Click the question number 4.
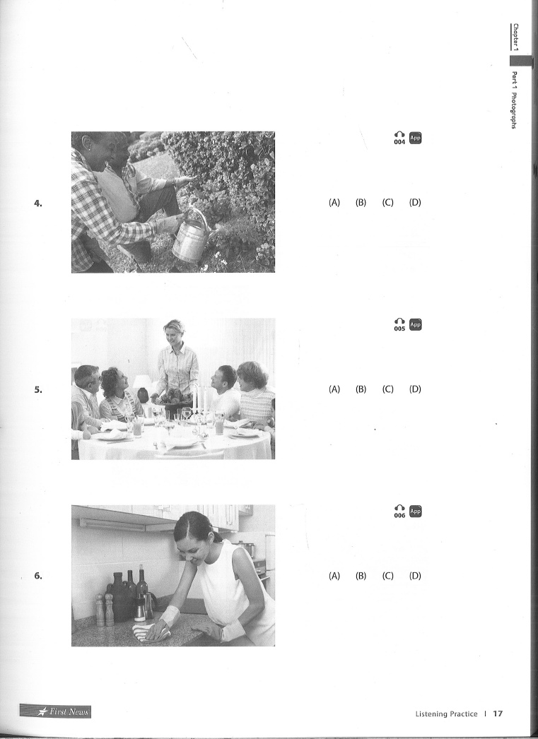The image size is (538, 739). pyautogui.click(x=37, y=203)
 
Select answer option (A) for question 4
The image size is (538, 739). pyautogui.click(x=334, y=203)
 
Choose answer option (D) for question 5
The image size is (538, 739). pyautogui.click(x=415, y=389)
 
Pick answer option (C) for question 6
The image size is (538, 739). pyautogui.click(x=388, y=576)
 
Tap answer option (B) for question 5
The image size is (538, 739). pyautogui.click(x=361, y=389)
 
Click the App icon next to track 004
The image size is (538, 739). pyautogui.click(x=416, y=138)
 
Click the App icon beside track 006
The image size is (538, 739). pyautogui.click(x=416, y=511)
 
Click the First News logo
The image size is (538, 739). pyautogui.click(x=55, y=711)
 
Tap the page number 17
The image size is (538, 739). pyautogui.click(x=498, y=714)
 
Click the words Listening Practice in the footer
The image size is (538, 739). pyautogui.click(x=446, y=714)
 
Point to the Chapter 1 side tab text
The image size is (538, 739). pyautogui.click(x=515, y=37)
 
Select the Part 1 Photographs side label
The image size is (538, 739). pyautogui.click(x=514, y=100)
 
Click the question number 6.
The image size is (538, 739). pyautogui.click(x=37, y=576)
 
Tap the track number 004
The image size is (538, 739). pyautogui.click(x=399, y=142)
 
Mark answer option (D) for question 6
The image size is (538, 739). pyautogui.click(x=415, y=576)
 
